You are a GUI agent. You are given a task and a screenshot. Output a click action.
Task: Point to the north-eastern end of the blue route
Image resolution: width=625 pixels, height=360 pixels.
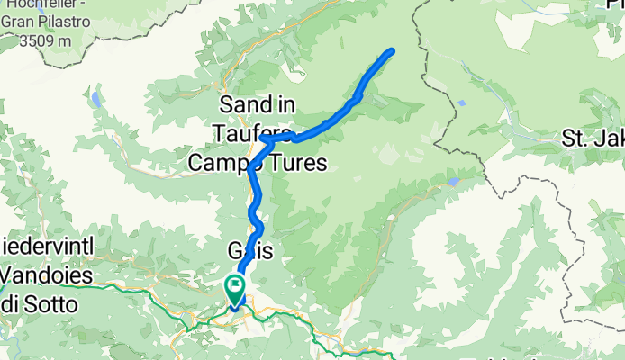click(392, 50)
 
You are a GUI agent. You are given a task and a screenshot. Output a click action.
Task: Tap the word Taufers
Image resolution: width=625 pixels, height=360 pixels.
click(253, 133)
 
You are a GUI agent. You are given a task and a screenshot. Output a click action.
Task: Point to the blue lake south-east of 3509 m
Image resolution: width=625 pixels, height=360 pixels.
click(95, 98)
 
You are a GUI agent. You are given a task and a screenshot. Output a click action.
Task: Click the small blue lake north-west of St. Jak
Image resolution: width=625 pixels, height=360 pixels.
click(461, 103)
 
